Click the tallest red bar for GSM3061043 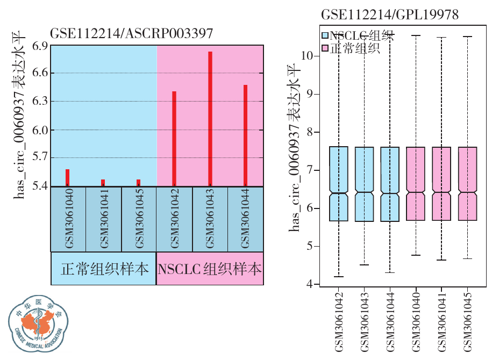pos(210,118)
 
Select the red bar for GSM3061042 pos(174,139)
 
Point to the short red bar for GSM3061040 pos(68,177)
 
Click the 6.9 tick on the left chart pos(39,46)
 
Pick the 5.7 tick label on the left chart pos(39,158)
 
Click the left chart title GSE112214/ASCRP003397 pos(132,33)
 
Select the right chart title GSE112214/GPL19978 pos(389,15)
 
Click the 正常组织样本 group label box pos(104,268)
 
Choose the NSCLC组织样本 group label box pos(210,268)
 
